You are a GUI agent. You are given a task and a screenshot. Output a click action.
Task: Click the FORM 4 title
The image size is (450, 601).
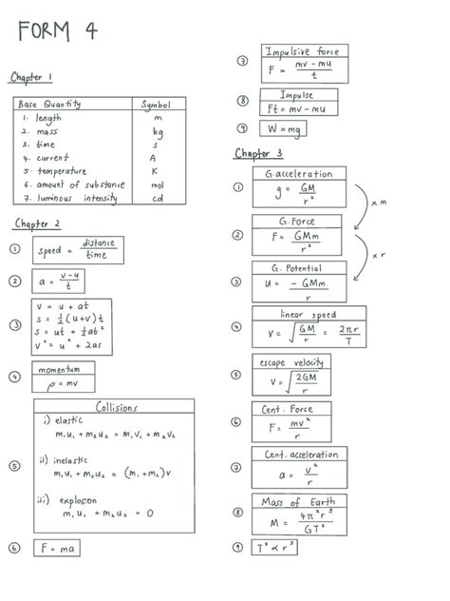[56, 30]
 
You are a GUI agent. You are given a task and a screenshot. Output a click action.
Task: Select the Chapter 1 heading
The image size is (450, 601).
[31, 76]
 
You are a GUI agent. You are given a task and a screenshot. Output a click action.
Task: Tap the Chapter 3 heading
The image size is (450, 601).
[258, 153]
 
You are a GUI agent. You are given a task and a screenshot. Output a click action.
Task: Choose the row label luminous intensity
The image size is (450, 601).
[77, 198]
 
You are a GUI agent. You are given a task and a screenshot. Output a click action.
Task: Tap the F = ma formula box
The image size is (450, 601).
[57, 548]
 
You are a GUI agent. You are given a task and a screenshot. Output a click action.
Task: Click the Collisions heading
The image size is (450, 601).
[116, 407]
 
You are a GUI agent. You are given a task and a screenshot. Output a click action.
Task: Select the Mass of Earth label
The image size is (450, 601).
[298, 501]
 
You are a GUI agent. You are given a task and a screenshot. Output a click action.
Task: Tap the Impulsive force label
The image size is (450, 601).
[305, 50]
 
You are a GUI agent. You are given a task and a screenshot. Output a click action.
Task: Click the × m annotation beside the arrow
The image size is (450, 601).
[379, 203]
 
